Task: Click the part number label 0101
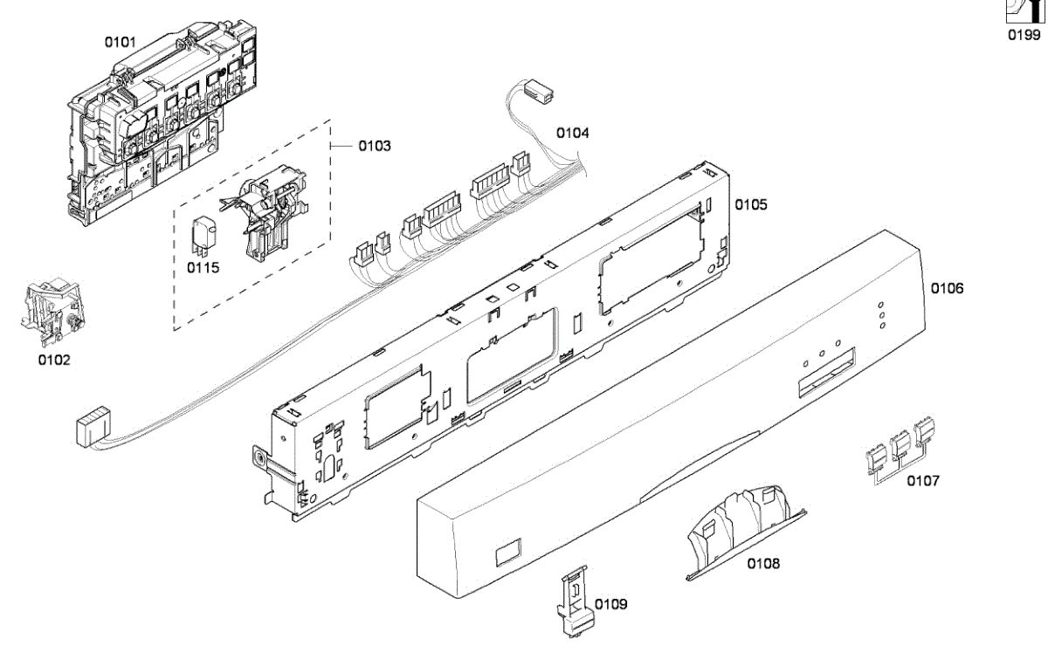(x=120, y=41)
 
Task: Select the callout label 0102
(x=54, y=359)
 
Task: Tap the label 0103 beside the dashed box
(x=375, y=146)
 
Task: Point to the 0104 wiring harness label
(x=573, y=133)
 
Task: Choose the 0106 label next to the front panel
(x=948, y=287)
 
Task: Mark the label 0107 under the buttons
(x=923, y=480)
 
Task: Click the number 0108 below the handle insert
(x=763, y=563)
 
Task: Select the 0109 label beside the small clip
(x=611, y=603)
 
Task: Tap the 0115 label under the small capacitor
(x=203, y=267)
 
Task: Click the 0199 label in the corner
(x=1024, y=35)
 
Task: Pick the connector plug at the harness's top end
(x=541, y=91)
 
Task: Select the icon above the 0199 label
(x=1024, y=10)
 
